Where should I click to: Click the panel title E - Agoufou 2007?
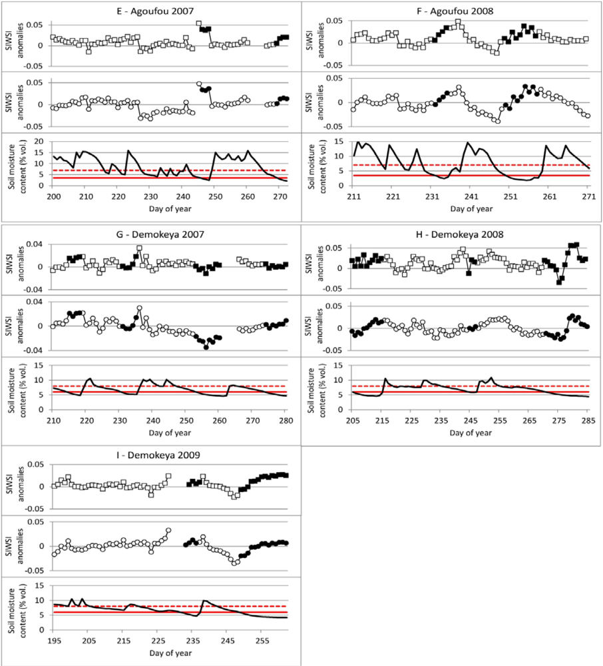(x=154, y=11)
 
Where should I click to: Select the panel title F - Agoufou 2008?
(x=455, y=11)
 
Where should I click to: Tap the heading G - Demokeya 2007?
(x=160, y=234)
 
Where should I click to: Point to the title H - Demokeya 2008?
(x=461, y=234)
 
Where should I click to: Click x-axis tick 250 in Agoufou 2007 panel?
(x=215, y=196)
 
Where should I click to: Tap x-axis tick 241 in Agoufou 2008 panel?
(x=471, y=196)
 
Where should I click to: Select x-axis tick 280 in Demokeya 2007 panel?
(x=286, y=420)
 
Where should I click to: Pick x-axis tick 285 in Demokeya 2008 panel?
(x=588, y=420)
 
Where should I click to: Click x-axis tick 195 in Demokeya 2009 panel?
(x=53, y=641)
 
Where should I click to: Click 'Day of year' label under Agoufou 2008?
(x=471, y=208)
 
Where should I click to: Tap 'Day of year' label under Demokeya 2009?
(x=170, y=653)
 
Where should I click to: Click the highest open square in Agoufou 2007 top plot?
(x=198, y=24)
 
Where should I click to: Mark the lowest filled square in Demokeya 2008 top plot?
(x=559, y=282)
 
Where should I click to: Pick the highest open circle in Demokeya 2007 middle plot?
(x=140, y=308)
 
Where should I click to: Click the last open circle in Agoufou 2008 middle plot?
(x=588, y=115)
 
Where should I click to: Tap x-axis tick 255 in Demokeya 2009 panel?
(x=262, y=641)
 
